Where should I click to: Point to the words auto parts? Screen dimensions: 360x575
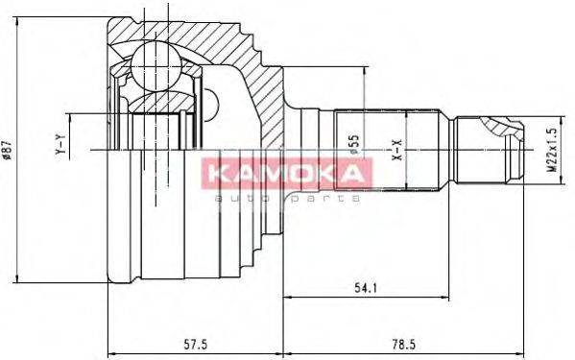coord(286,197)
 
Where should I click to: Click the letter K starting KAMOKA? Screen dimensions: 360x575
coord(211,174)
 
